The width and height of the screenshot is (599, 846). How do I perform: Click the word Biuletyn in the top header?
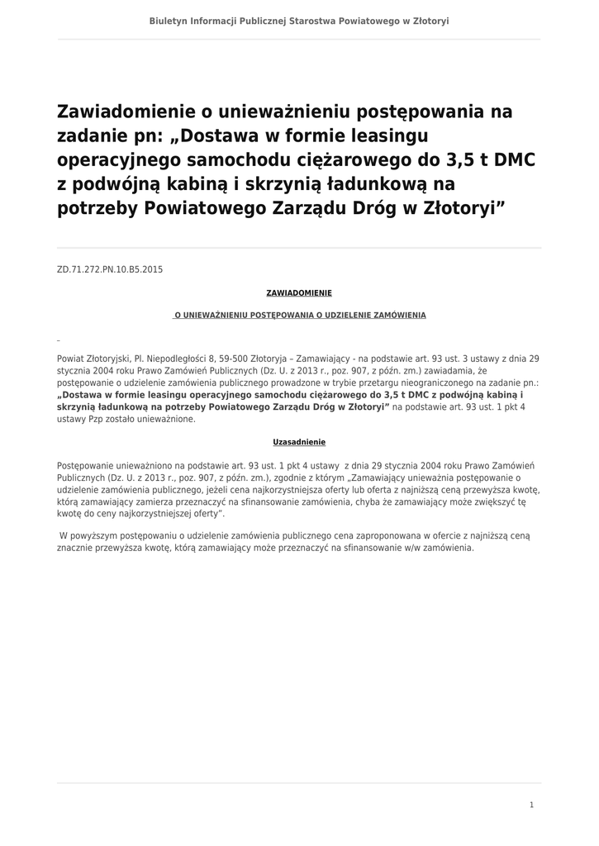point(169,21)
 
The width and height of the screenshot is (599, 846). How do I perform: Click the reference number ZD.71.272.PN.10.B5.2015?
point(110,269)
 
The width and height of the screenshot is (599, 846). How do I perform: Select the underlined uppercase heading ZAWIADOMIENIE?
point(299,292)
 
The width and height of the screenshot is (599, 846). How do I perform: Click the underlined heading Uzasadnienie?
point(299,442)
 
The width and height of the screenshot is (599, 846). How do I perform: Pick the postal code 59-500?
point(235,359)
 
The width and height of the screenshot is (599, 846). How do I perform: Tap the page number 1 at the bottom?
point(531,805)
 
